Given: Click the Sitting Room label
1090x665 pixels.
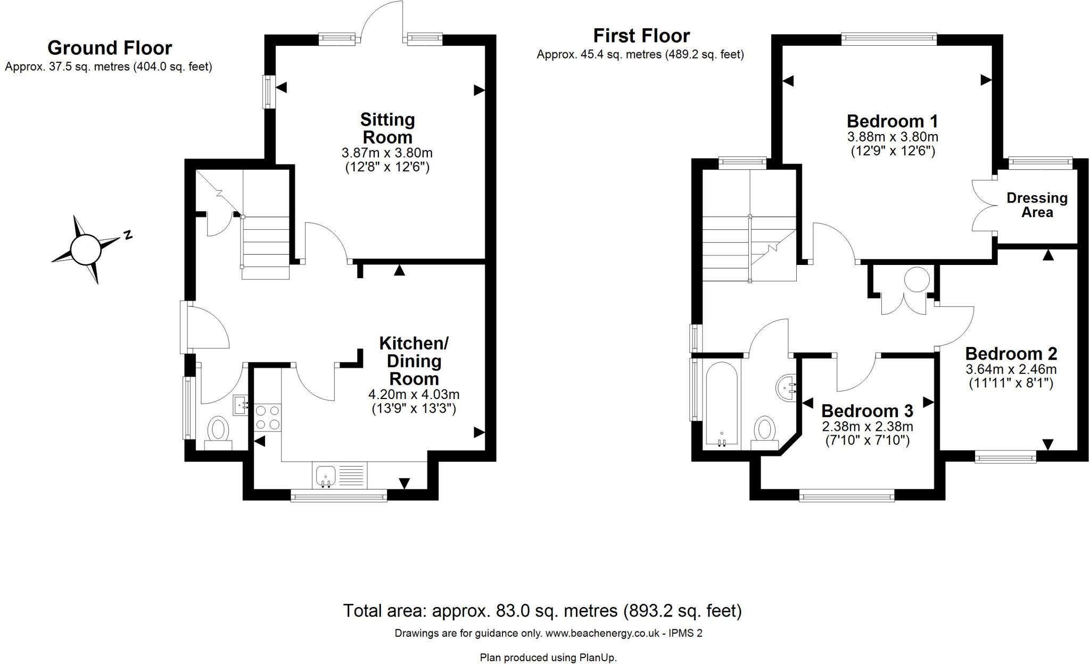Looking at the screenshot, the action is tap(387, 128).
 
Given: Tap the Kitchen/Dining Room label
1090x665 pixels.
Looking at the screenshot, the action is tap(414, 361).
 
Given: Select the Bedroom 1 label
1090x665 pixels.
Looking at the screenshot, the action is tap(893, 121).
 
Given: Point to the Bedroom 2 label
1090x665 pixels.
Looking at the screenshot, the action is tap(1011, 354).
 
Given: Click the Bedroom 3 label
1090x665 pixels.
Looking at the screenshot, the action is tap(868, 411).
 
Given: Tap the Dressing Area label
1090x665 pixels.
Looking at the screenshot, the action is tap(1037, 205).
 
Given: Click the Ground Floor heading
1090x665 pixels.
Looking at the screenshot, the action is tap(110, 48).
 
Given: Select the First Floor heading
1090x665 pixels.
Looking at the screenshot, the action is tap(641, 36).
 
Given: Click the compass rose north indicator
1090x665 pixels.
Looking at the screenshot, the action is tap(127, 235).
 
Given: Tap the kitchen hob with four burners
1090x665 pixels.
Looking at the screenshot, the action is tap(268, 418).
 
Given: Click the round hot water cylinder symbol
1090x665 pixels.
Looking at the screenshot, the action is tap(917, 279).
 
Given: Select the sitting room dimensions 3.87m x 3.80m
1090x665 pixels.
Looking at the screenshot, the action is tap(387, 153).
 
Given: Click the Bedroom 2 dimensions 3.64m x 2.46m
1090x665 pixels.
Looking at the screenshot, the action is tap(1011, 369).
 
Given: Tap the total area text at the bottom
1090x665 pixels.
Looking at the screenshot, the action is tap(542, 611).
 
